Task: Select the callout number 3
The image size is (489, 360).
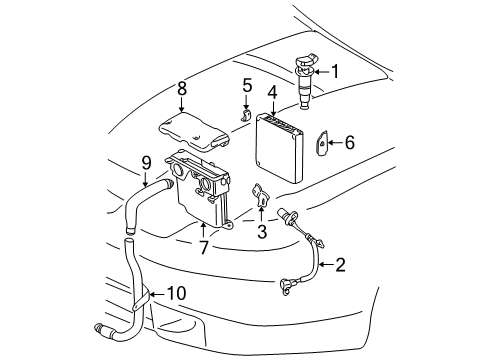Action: tap(262, 232)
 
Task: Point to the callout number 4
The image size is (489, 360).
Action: tap(272, 92)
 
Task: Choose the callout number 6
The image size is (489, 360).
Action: tap(348, 143)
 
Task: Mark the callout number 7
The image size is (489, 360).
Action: tap(203, 246)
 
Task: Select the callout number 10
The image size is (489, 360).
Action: tap(176, 296)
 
